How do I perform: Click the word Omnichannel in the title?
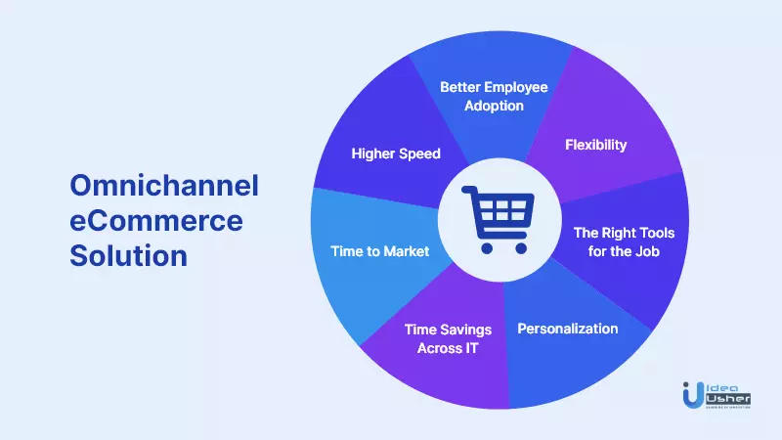pyautogui.click(x=164, y=186)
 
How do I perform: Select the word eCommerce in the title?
pyautogui.click(x=156, y=221)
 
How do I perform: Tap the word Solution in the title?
pyautogui.click(x=129, y=255)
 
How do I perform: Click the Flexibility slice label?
pyautogui.click(x=595, y=145)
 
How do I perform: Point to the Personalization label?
pyautogui.click(x=568, y=329)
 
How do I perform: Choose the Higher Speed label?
pyautogui.click(x=396, y=154)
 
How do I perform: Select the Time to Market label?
pyautogui.click(x=379, y=251)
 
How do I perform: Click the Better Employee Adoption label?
pyautogui.click(x=494, y=96)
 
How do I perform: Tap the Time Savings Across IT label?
pyautogui.click(x=448, y=338)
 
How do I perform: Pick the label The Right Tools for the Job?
pyautogui.click(x=624, y=242)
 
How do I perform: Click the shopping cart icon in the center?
pyautogui.click(x=498, y=219)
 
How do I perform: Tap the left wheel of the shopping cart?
pyautogui.click(x=487, y=248)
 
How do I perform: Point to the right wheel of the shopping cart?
pyautogui.click(x=521, y=248)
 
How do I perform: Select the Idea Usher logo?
pyautogui.click(x=717, y=395)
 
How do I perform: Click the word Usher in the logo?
pyautogui.click(x=728, y=399)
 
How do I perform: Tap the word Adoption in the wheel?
pyautogui.click(x=494, y=106)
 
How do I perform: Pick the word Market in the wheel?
pyautogui.click(x=406, y=251)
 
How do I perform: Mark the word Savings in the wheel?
pyautogui.click(x=465, y=330)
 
